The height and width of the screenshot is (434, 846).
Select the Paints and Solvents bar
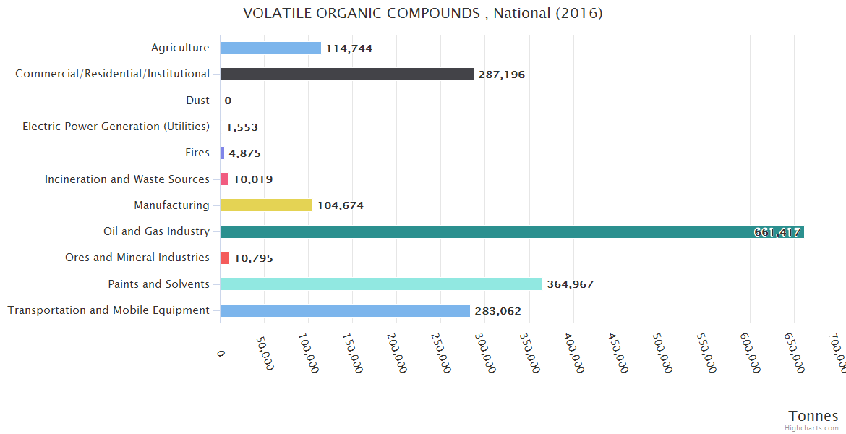coord(381,284)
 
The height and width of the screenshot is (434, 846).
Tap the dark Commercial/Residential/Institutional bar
coord(346,75)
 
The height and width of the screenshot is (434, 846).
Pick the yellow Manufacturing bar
coord(266,205)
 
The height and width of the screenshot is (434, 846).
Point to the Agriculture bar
coord(270,48)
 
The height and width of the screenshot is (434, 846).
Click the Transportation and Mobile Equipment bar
coord(345,310)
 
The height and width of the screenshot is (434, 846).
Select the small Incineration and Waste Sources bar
coord(224,179)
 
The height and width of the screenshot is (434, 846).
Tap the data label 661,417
coord(777,232)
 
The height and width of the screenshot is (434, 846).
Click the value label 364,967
coord(570,284)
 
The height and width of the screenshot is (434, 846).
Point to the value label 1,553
coord(242,127)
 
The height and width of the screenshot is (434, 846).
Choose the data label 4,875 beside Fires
coord(244,153)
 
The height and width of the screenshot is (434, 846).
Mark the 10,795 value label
coord(253,258)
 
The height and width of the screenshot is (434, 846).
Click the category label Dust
coord(197,101)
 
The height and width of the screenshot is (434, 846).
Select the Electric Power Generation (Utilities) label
coord(116,127)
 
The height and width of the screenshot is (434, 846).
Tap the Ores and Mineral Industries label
coord(137,258)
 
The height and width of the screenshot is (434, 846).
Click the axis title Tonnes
coord(813,416)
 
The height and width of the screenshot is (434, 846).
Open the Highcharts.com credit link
coord(813,428)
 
